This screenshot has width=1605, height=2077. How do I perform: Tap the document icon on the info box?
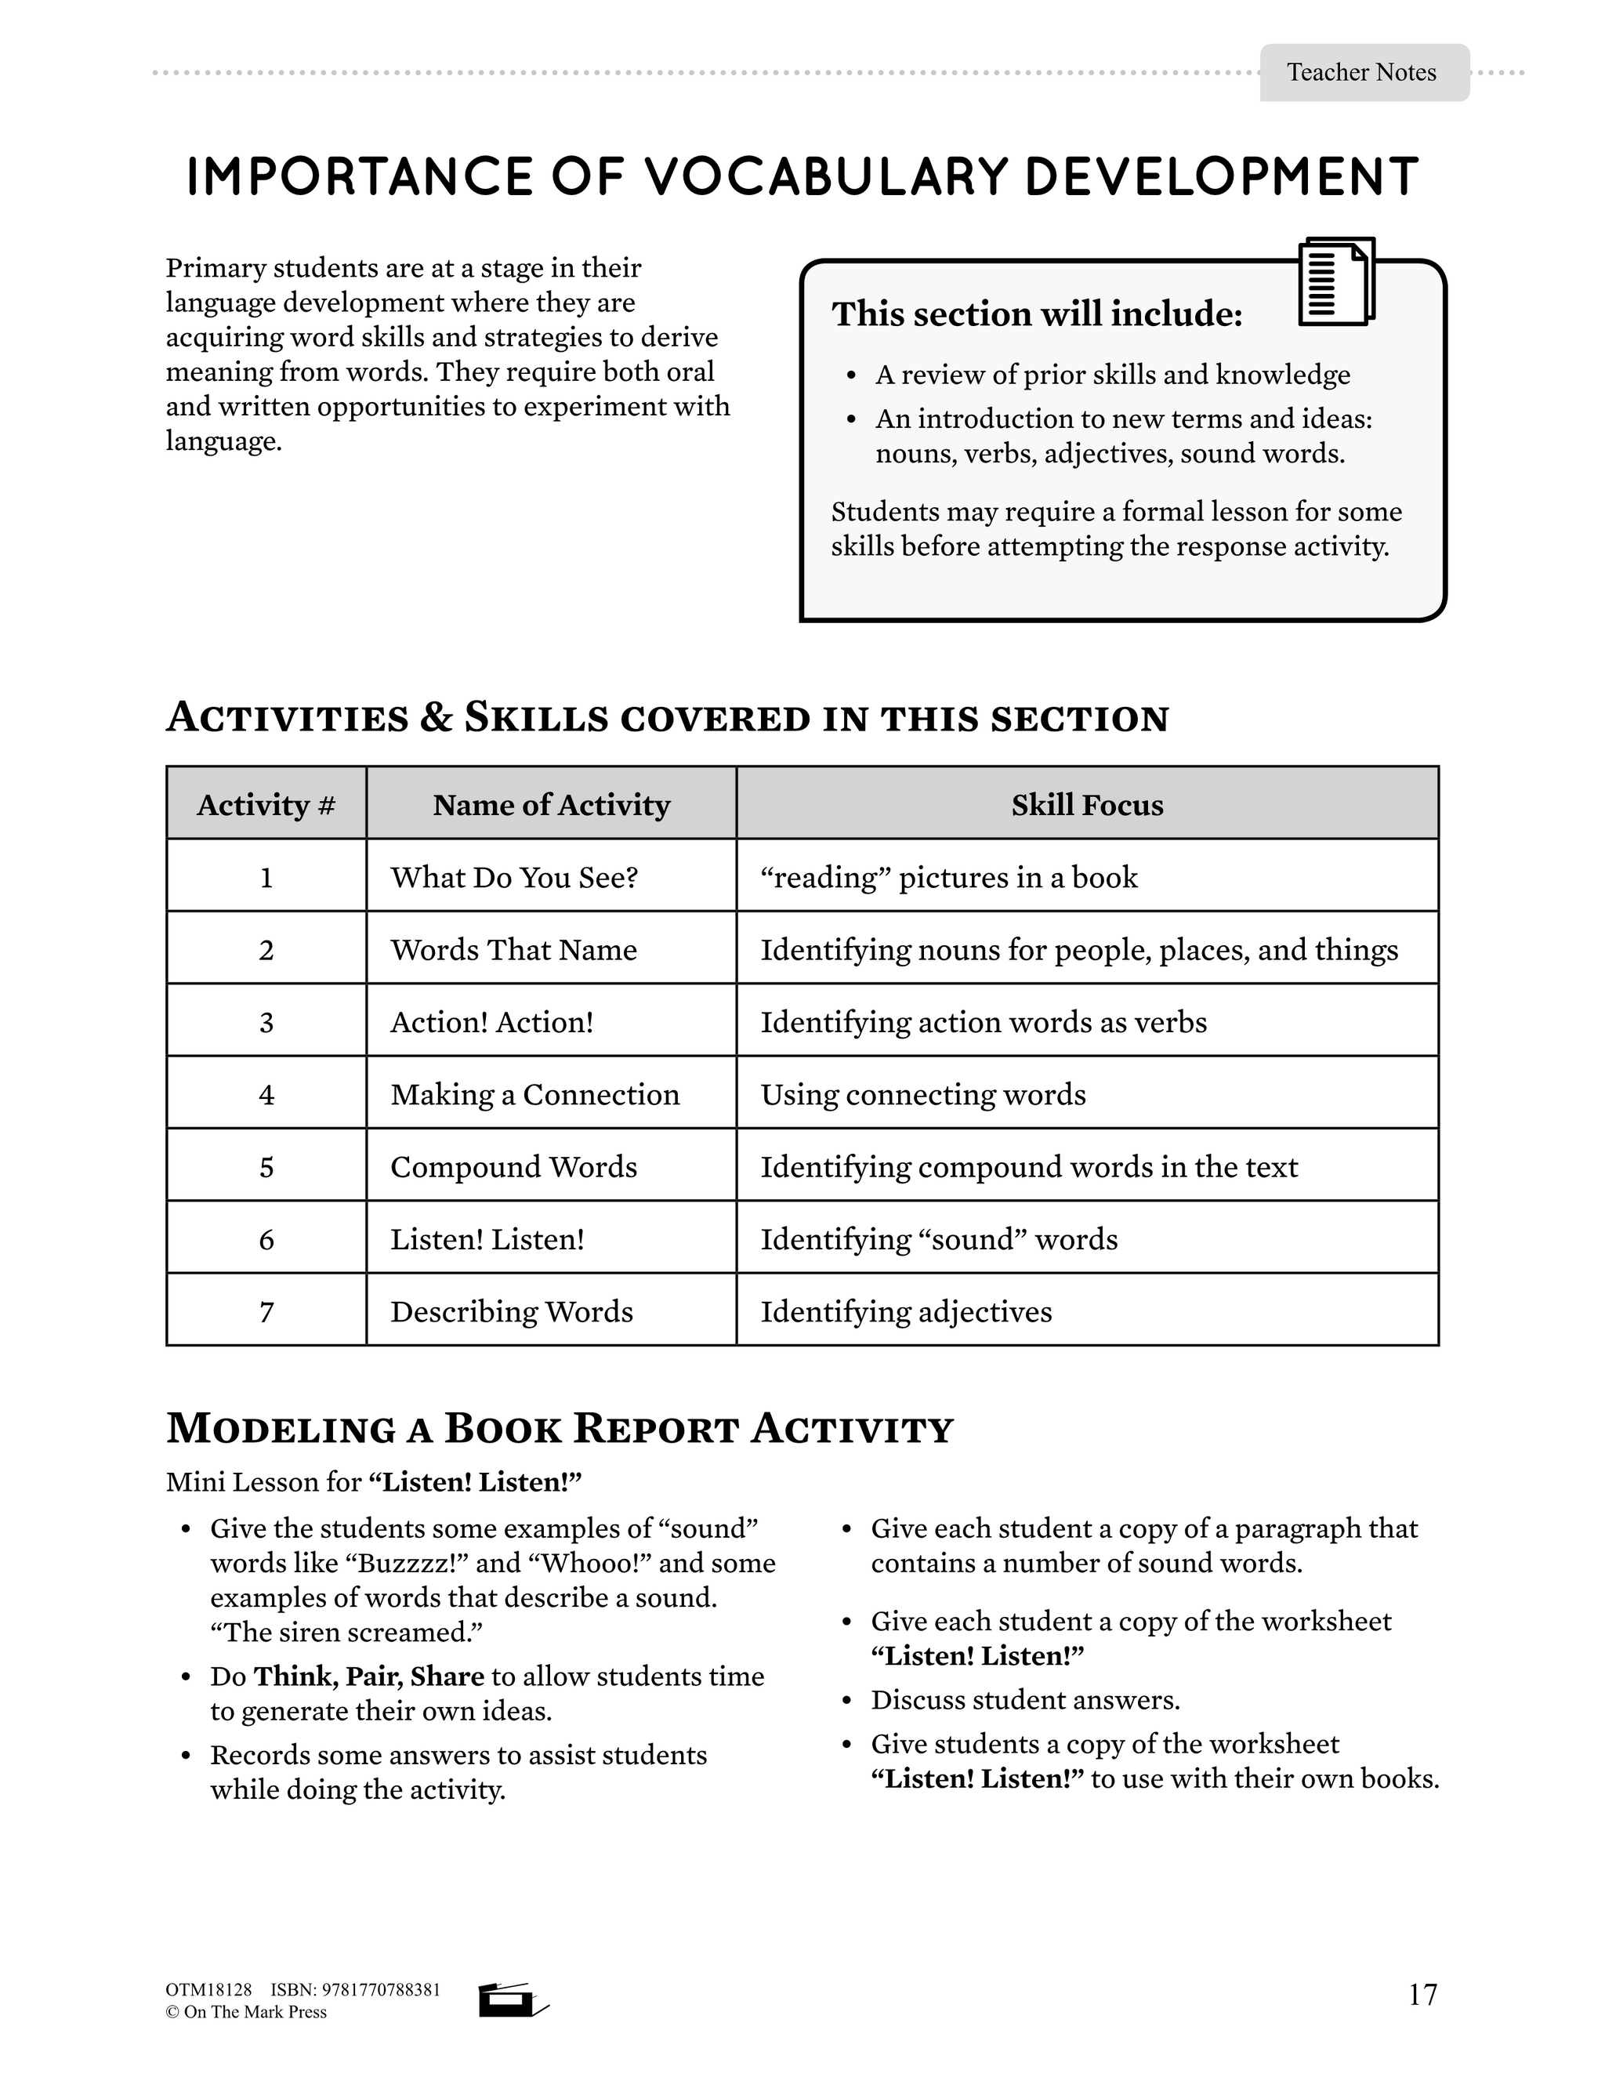click(x=1336, y=281)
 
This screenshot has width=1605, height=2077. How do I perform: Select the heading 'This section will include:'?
click(x=1036, y=314)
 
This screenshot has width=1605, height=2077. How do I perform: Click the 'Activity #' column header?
click(x=266, y=806)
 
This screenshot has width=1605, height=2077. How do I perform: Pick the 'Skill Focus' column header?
click(x=1087, y=806)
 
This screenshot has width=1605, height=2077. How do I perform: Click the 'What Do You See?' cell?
click(x=513, y=877)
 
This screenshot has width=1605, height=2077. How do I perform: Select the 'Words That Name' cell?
click(x=513, y=949)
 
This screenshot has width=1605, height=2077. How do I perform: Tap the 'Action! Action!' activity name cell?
click(x=491, y=1022)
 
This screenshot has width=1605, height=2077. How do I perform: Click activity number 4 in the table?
click(x=266, y=1095)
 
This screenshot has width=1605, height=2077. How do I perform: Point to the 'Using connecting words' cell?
click(x=922, y=1095)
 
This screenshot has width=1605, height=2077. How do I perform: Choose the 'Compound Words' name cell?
click(x=513, y=1167)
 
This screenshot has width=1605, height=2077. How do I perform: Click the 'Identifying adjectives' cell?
click(x=906, y=1311)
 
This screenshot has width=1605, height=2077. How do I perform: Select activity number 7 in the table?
click(x=266, y=1311)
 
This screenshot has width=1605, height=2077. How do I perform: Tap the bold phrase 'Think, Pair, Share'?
click(x=369, y=1676)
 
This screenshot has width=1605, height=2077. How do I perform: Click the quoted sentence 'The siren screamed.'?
click(x=347, y=1632)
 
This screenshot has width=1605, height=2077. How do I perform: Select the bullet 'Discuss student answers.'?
click(x=1025, y=1699)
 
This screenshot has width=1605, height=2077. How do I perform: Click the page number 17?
click(x=1422, y=1994)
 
